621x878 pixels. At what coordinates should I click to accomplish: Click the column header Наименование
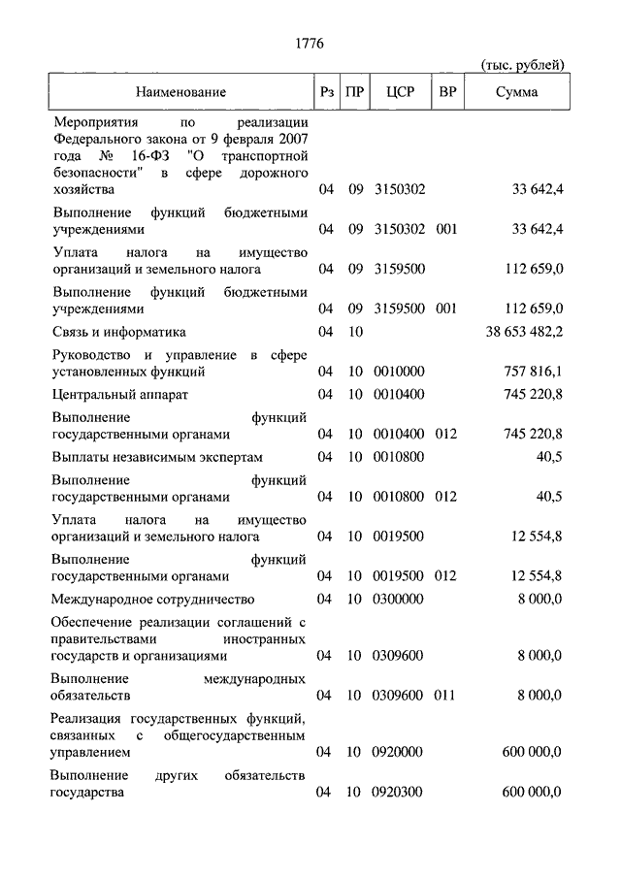click(x=180, y=92)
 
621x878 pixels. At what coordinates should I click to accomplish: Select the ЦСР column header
click(x=399, y=92)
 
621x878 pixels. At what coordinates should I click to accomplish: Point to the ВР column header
click(x=447, y=92)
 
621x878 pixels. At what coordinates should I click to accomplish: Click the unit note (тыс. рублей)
click(x=522, y=65)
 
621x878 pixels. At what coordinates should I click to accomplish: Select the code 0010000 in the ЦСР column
click(x=399, y=372)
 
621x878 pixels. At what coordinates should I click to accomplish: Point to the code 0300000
click(x=399, y=599)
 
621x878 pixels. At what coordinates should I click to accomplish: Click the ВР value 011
click(x=446, y=695)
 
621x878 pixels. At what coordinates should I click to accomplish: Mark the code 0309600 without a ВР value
click(x=399, y=655)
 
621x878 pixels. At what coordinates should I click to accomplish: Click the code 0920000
click(x=399, y=752)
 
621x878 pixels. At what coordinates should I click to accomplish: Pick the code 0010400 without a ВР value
click(x=399, y=395)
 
